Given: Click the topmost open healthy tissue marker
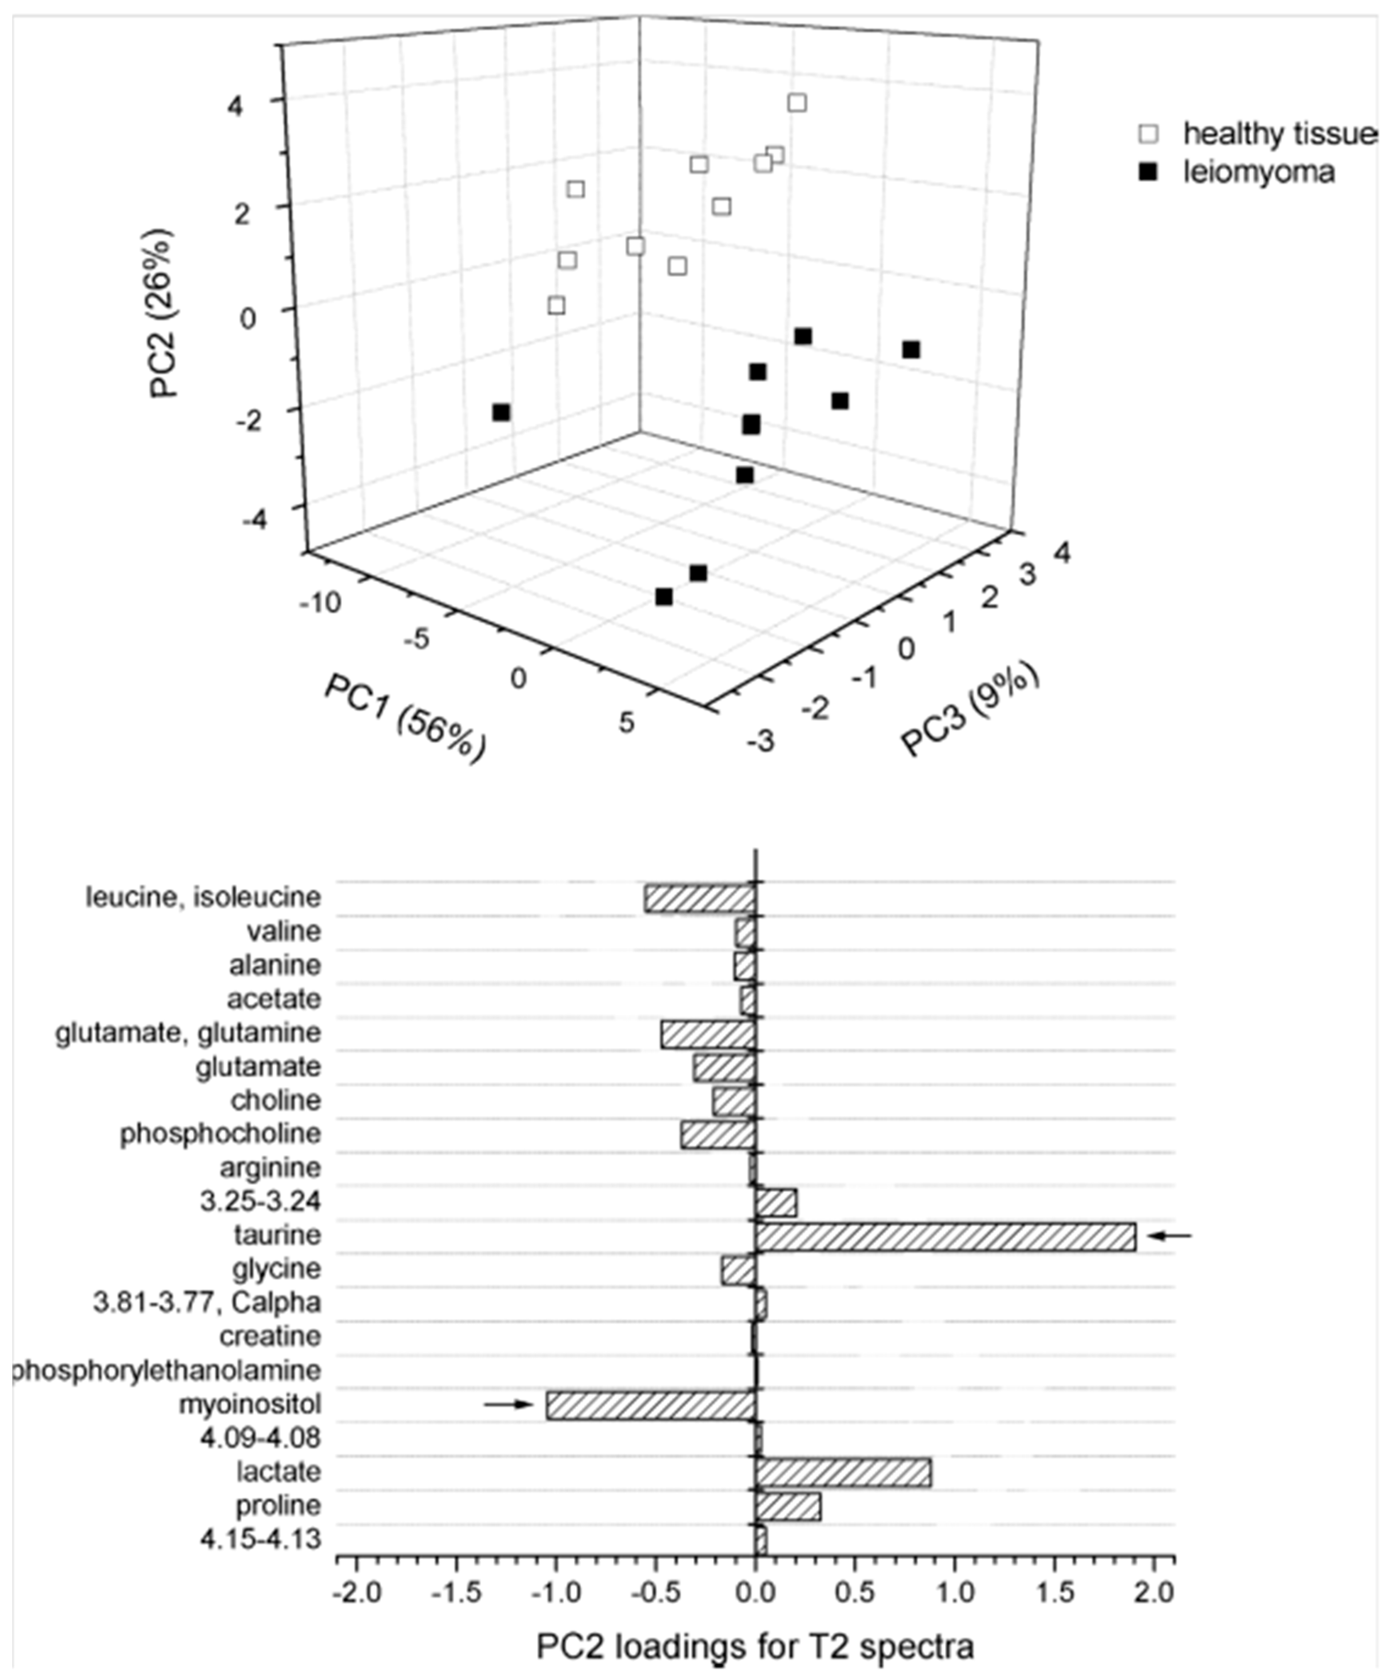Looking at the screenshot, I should [x=797, y=102].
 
